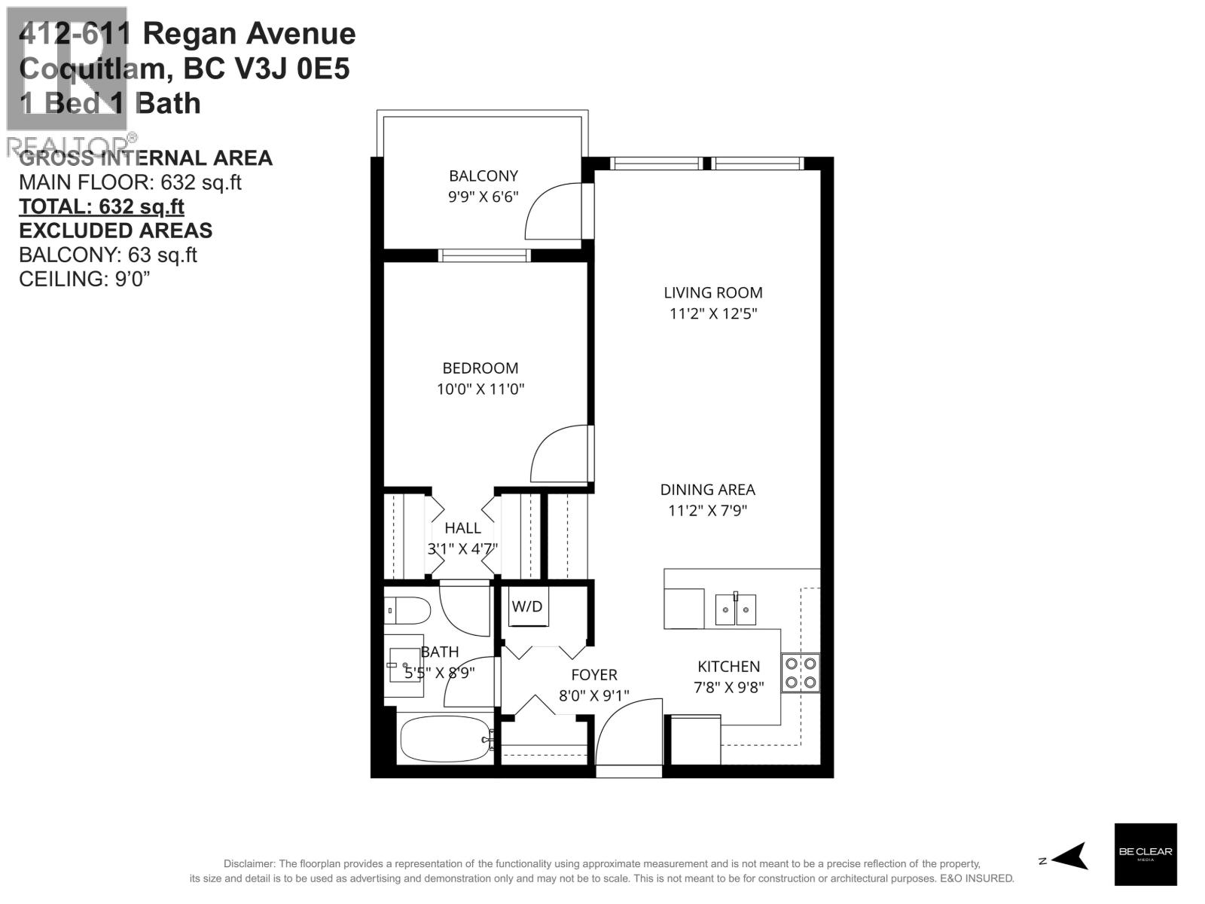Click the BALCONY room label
click(484, 176)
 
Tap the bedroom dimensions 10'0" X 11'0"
click(480, 389)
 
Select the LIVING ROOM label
click(712, 293)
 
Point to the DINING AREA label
click(707, 490)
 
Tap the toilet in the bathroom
click(407, 610)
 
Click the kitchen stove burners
click(801, 673)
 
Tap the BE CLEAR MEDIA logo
click(1145, 854)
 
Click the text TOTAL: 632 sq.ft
click(102, 206)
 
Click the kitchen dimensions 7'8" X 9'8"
click(728, 687)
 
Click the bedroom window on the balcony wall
click(484, 256)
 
